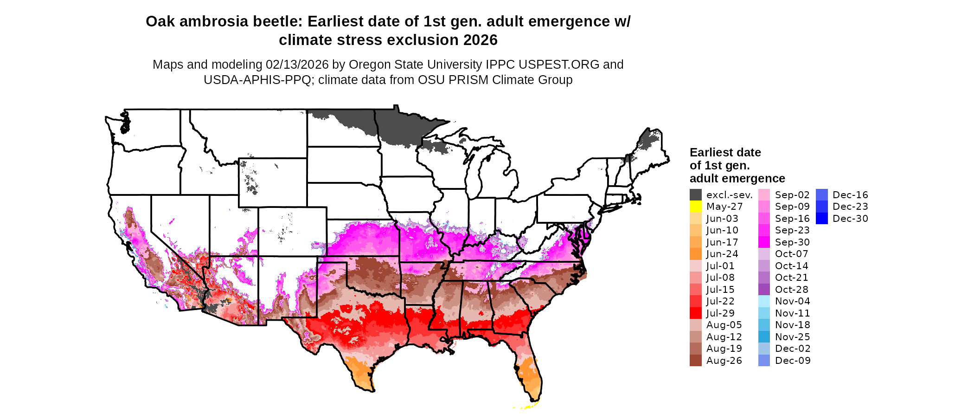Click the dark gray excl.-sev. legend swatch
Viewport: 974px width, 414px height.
[695, 195]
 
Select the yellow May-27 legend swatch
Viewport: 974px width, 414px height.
[695, 207]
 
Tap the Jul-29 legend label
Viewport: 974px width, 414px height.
[720, 313]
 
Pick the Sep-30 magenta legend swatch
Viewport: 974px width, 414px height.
[764, 242]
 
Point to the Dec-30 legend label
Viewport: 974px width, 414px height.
[850, 219]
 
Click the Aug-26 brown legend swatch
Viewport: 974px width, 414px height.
[695, 361]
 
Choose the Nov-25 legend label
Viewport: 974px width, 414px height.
[792, 337]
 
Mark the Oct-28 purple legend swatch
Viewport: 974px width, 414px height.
[764, 290]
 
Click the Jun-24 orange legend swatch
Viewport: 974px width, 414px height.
[695, 254]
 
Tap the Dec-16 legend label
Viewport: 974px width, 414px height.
[850, 195]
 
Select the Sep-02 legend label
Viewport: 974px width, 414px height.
[792, 195]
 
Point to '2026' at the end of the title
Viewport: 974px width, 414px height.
[480, 40]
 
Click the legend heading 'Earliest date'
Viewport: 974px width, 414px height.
[725, 153]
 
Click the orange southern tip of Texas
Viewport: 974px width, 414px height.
[359, 371]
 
